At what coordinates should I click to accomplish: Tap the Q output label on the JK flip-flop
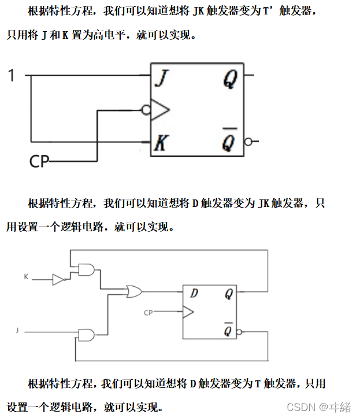pyautogui.click(x=229, y=80)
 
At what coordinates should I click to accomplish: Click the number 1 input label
pyautogui.click(x=11, y=75)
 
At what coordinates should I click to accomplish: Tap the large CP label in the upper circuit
pyautogui.click(x=39, y=161)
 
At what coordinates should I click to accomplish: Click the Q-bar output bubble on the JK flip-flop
pyautogui.click(x=248, y=141)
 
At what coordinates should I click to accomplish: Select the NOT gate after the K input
pyautogui.click(x=59, y=279)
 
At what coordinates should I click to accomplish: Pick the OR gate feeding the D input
pyautogui.click(x=134, y=292)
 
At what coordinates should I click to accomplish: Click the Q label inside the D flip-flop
pyautogui.click(x=229, y=294)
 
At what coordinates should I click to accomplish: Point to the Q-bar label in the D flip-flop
pyautogui.click(x=229, y=330)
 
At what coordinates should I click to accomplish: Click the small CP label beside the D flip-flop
pyautogui.click(x=149, y=313)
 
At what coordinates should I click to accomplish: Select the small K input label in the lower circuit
pyautogui.click(x=26, y=277)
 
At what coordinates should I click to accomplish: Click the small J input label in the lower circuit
pyautogui.click(x=17, y=330)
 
